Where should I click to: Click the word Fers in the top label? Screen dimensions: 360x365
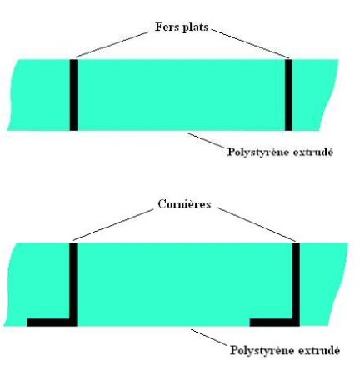(x=164, y=27)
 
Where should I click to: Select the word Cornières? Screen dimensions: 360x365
(x=184, y=204)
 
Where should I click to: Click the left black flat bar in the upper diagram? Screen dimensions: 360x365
(x=73, y=95)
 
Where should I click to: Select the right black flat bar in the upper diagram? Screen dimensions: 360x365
(x=288, y=95)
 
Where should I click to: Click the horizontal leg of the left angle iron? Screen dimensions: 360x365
(x=52, y=322)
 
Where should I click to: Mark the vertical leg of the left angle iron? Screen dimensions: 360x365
(x=73, y=284)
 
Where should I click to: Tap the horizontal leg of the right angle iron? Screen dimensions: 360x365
(x=275, y=322)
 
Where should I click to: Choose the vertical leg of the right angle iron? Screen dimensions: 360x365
(x=296, y=284)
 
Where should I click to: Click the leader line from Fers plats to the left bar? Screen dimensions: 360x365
(x=112, y=45)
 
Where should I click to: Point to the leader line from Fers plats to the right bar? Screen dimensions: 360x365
(x=251, y=44)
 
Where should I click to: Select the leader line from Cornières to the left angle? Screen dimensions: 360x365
(x=112, y=225)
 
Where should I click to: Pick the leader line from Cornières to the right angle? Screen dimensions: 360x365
(x=256, y=224)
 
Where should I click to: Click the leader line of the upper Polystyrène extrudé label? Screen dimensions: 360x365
(x=206, y=140)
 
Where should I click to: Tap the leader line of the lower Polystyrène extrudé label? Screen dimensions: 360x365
(x=209, y=337)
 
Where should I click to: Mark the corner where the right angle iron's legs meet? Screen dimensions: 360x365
(x=296, y=322)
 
